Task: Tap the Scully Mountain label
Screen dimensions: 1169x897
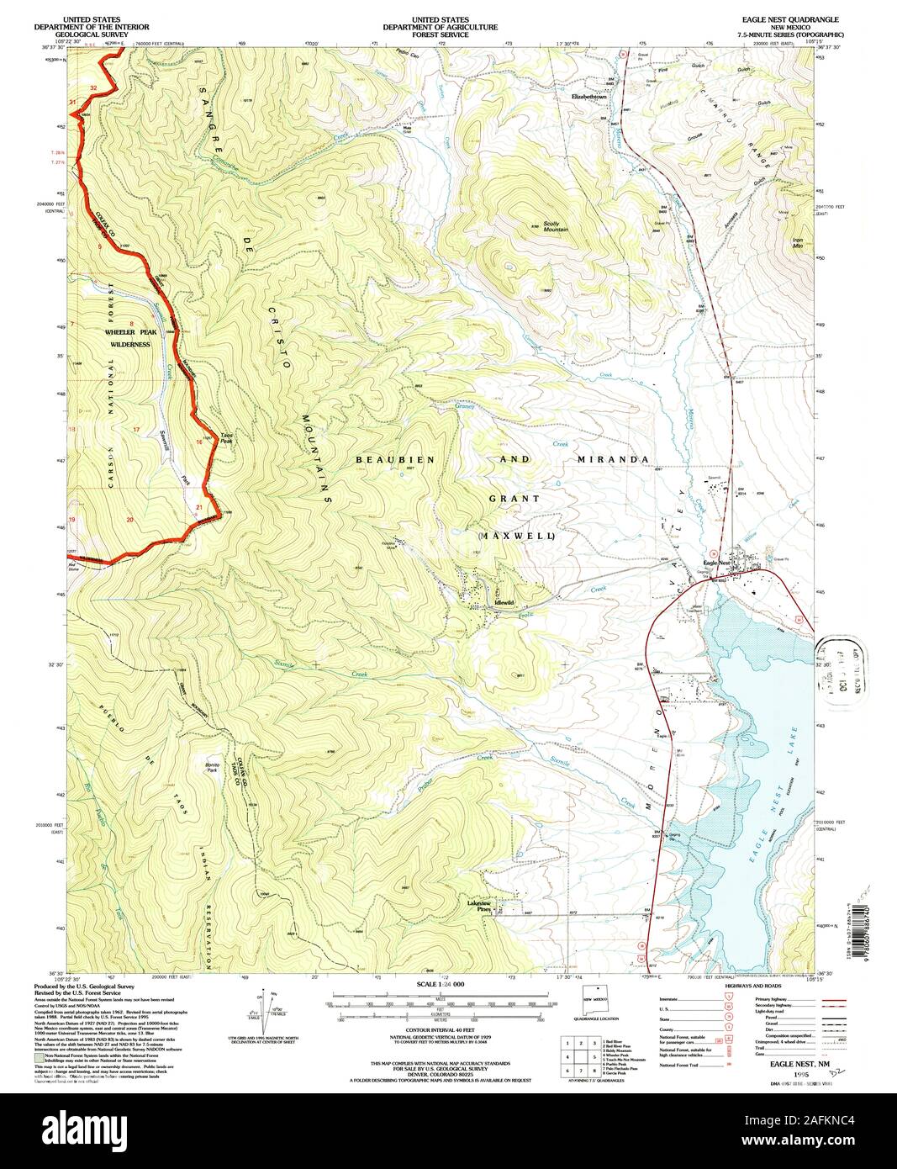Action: pyautogui.click(x=556, y=227)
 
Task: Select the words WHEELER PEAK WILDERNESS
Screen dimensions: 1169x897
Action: pyautogui.click(x=127, y=338)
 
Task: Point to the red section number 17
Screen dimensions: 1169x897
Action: pyautogui.click(x=136, y=429)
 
